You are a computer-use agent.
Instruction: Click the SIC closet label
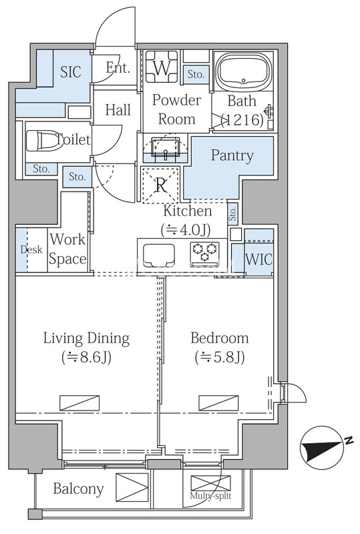click(71, 71)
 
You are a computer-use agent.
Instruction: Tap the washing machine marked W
click(162, 67)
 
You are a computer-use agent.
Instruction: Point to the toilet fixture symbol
click(43, 140)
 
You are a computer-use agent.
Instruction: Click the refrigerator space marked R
click(160, 185)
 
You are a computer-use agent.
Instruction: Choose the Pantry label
click(232, 156)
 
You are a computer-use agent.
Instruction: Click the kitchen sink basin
click(159, 256)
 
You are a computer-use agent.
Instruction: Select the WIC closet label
click(258, 260)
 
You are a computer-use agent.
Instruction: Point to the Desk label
click(31, 250)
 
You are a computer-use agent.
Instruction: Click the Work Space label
click(67, 249)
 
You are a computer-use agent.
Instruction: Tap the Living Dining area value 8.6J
click(86, 358)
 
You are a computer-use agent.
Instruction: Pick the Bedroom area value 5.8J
click(220, 358)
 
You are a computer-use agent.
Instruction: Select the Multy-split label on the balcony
click(210, 495)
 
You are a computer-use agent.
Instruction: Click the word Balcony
click(78, 489)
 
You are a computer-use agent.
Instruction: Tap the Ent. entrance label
click(118, 68)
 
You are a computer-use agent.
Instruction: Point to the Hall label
click(118, 110)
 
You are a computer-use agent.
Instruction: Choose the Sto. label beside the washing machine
click(196, 74)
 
